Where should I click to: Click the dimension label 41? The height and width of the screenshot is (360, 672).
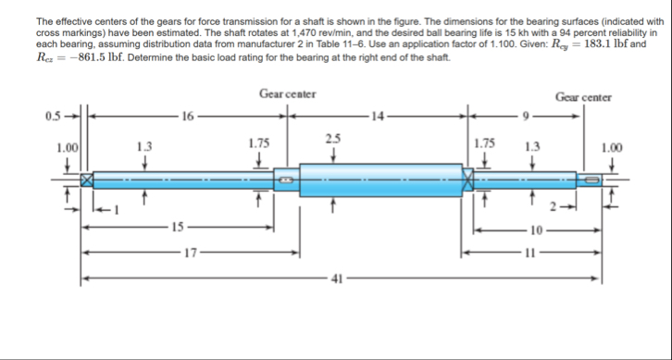337,279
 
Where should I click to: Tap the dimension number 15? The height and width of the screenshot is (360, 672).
178,227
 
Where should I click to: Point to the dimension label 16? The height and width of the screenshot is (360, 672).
188,116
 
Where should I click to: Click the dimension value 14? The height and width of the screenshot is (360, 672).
378,116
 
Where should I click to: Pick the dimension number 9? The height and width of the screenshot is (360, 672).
527,116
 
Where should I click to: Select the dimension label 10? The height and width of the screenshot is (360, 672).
537,231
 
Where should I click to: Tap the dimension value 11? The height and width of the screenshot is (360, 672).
529,254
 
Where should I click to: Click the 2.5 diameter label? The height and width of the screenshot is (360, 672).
333,139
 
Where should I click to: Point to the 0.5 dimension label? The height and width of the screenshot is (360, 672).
53,116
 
